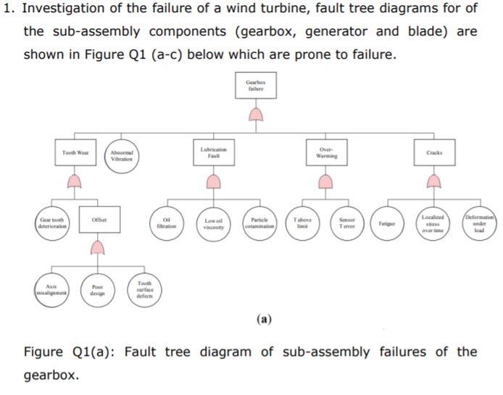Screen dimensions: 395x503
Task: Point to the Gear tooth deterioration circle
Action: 52,220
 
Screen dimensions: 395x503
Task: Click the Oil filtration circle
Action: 167,220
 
